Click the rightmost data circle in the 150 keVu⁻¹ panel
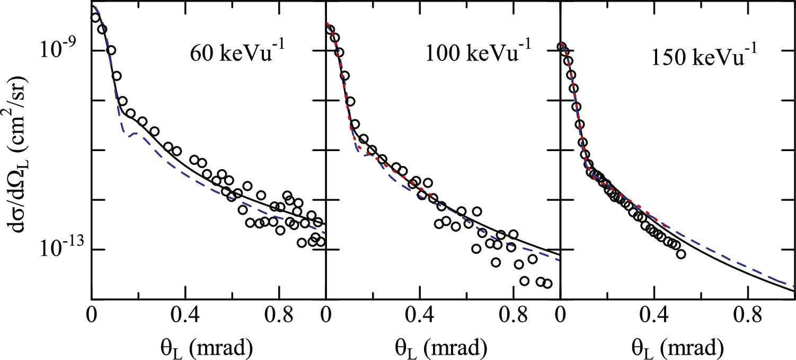click(681, 254)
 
